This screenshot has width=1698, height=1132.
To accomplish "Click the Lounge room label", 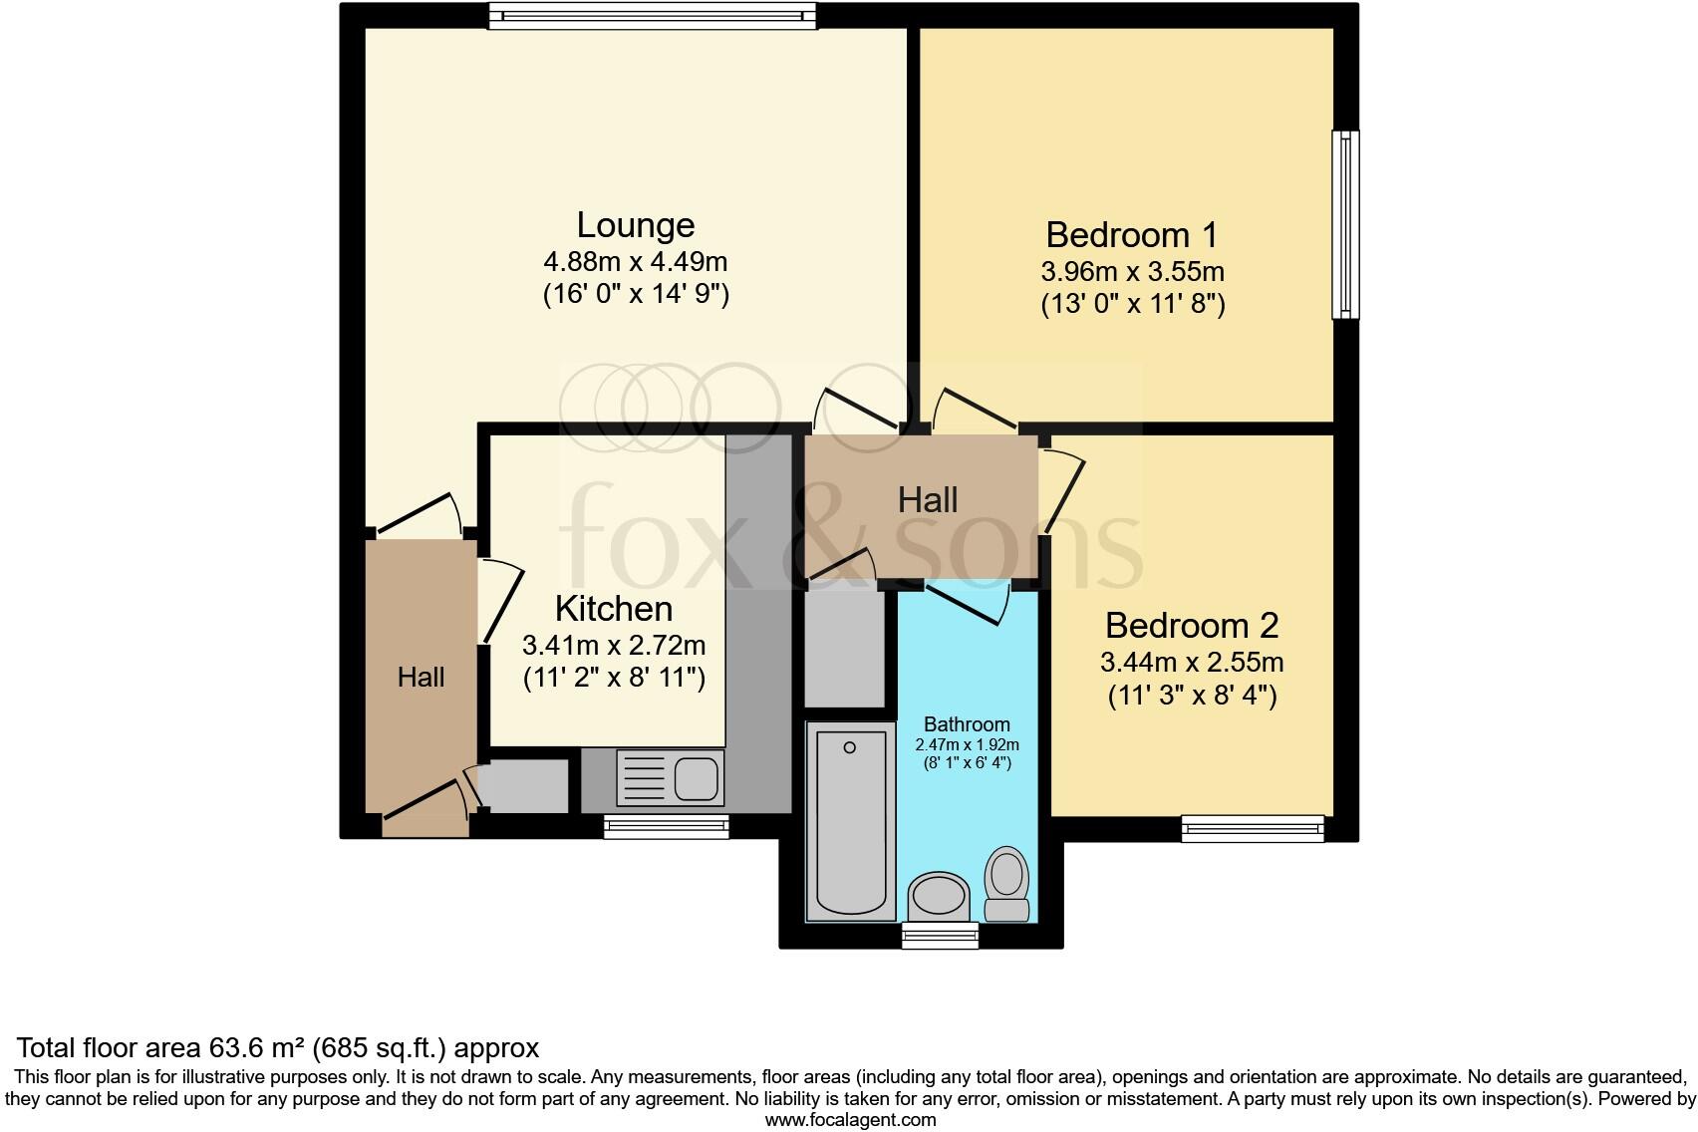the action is tap(635, 225).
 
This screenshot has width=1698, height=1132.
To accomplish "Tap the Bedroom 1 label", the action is tap(1132, 235).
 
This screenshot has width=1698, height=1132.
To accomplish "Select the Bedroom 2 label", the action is tap(1192, 626).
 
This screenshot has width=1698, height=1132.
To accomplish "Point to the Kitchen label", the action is tap(614, 609).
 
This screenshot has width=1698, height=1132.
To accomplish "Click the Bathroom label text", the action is tap(967, 724).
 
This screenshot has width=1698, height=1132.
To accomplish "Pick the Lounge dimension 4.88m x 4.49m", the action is tap(635, 262).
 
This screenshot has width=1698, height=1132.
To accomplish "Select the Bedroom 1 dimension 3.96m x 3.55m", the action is tap(1133, 271).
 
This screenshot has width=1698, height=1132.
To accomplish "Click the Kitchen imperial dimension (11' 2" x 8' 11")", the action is tap(614, 677).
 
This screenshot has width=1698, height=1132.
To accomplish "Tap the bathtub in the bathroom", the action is tap(850, 820).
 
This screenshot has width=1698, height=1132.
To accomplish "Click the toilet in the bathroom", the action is tap(1006, 884).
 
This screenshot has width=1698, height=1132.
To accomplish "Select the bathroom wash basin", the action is tap(939, 896).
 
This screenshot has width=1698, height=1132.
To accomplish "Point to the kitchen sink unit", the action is tap(670, 777).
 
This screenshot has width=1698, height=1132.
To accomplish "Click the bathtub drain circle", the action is tap(850, 747).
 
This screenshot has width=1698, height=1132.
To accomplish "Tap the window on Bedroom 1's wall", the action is tap(1345, 224).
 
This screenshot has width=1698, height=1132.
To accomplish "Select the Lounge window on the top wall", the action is tap(652, 16).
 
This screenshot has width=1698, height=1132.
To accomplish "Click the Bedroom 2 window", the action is tap(1253, 829).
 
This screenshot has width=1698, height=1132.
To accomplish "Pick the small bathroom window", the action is tap(940, 935).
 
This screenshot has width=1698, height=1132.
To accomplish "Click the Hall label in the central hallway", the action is tap(928, 500).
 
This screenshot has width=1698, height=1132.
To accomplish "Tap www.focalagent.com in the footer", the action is tap(851, 1120).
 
